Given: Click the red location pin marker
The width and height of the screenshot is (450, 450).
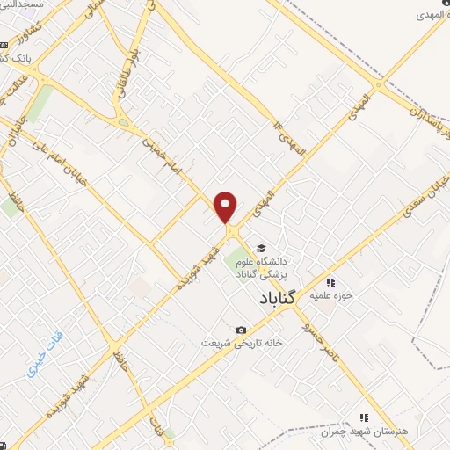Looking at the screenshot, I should [226, 206].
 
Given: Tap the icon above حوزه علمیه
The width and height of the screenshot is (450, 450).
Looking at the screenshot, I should [330, 282].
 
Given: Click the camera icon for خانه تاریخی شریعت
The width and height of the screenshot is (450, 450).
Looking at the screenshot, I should [240, 330].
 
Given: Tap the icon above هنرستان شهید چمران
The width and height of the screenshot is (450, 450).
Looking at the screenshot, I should [362, 418].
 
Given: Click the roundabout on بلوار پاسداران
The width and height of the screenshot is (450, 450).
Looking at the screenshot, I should [379, 85].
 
